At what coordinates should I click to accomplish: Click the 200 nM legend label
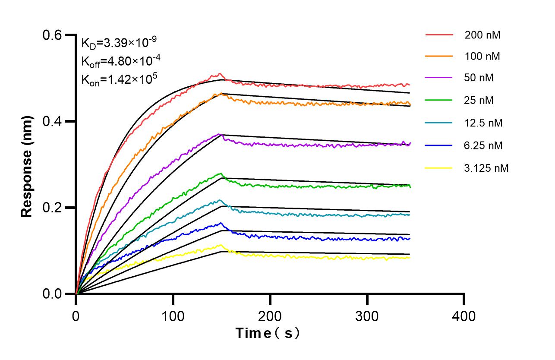point(482,35)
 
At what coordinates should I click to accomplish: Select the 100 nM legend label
point(482,56)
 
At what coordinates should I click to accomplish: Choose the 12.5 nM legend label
point(483,123)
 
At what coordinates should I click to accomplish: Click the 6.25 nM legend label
point(483,145)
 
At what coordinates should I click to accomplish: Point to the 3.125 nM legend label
point(486,168)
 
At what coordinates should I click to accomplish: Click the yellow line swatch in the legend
point(439,167)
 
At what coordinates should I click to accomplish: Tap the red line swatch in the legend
point(439,35)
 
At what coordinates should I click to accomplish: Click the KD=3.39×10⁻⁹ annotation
point(119,43)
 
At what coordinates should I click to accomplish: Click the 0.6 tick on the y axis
point(53,35)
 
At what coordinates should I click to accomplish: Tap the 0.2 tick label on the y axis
point(53,208)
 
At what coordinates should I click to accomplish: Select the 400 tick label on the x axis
point(464,316)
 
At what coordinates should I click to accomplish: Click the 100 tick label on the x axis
point(173,316)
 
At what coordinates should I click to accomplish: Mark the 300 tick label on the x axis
point(367,316)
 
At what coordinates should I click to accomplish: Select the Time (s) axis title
point(268,333)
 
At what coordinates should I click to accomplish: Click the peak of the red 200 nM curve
point(220,74)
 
